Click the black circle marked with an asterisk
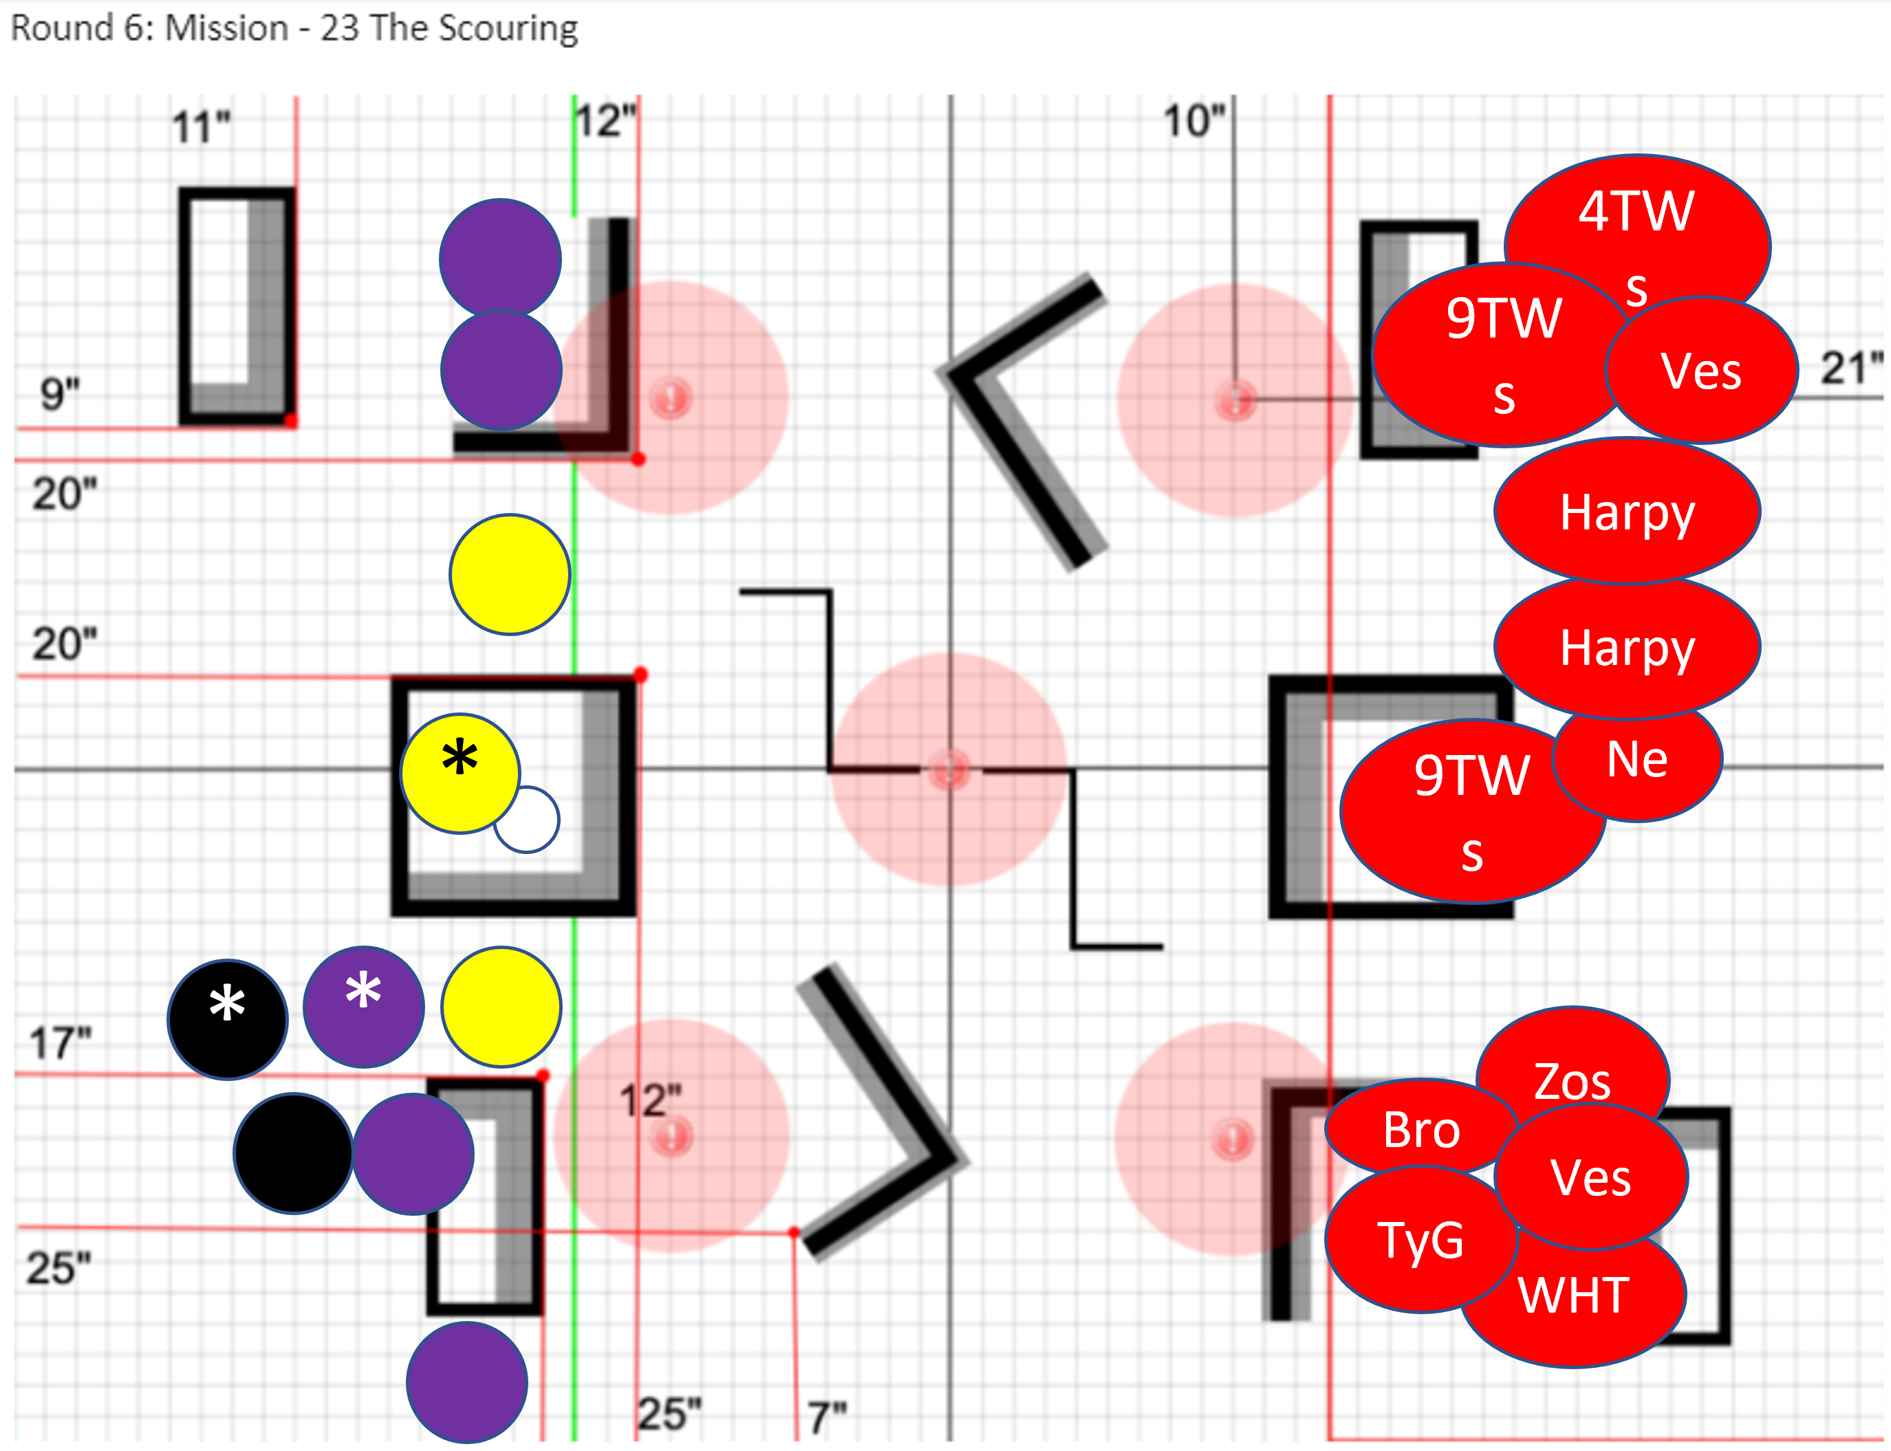tap(227, 1020)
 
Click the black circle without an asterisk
tap(293, 1154)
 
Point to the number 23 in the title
tap(340, 28)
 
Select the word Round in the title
tap(61, 28)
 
